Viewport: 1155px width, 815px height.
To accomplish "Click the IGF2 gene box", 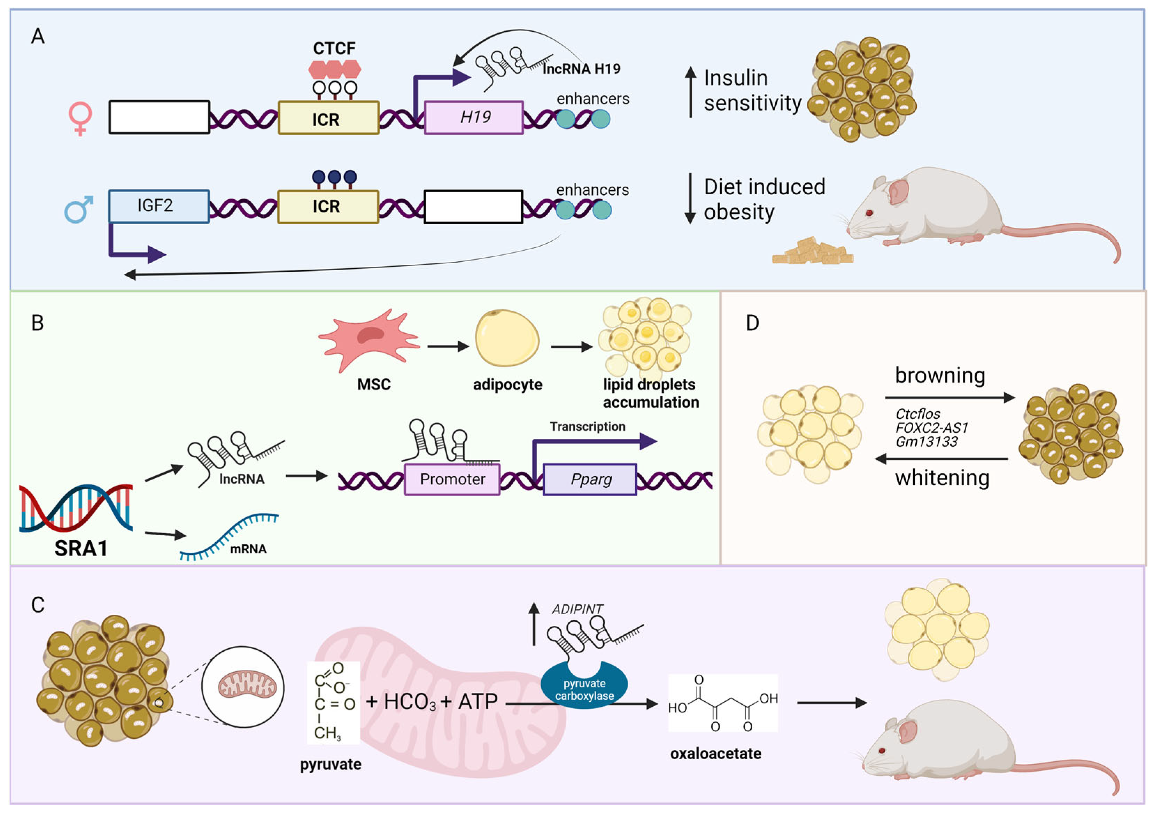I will [158, 206].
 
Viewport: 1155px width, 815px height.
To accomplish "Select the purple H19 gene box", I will [474, 118].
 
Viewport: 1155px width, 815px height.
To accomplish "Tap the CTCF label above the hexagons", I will [334, 48].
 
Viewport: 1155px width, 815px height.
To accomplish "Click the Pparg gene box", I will [590, 480].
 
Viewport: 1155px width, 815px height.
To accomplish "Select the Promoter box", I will [452, 480].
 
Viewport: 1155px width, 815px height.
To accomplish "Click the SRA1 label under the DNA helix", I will [80, 548].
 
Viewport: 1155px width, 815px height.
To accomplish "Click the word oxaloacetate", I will [715, 753].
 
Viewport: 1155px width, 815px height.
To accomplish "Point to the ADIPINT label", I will [577, 609].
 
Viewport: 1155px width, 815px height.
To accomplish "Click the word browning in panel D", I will [940, 376].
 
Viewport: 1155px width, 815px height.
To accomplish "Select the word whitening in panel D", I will [942, 478].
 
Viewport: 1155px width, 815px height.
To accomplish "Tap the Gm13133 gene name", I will [926, 442].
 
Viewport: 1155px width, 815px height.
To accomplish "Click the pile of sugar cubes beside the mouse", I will [812, 253].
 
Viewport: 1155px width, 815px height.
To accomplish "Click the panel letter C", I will [38, 605].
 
